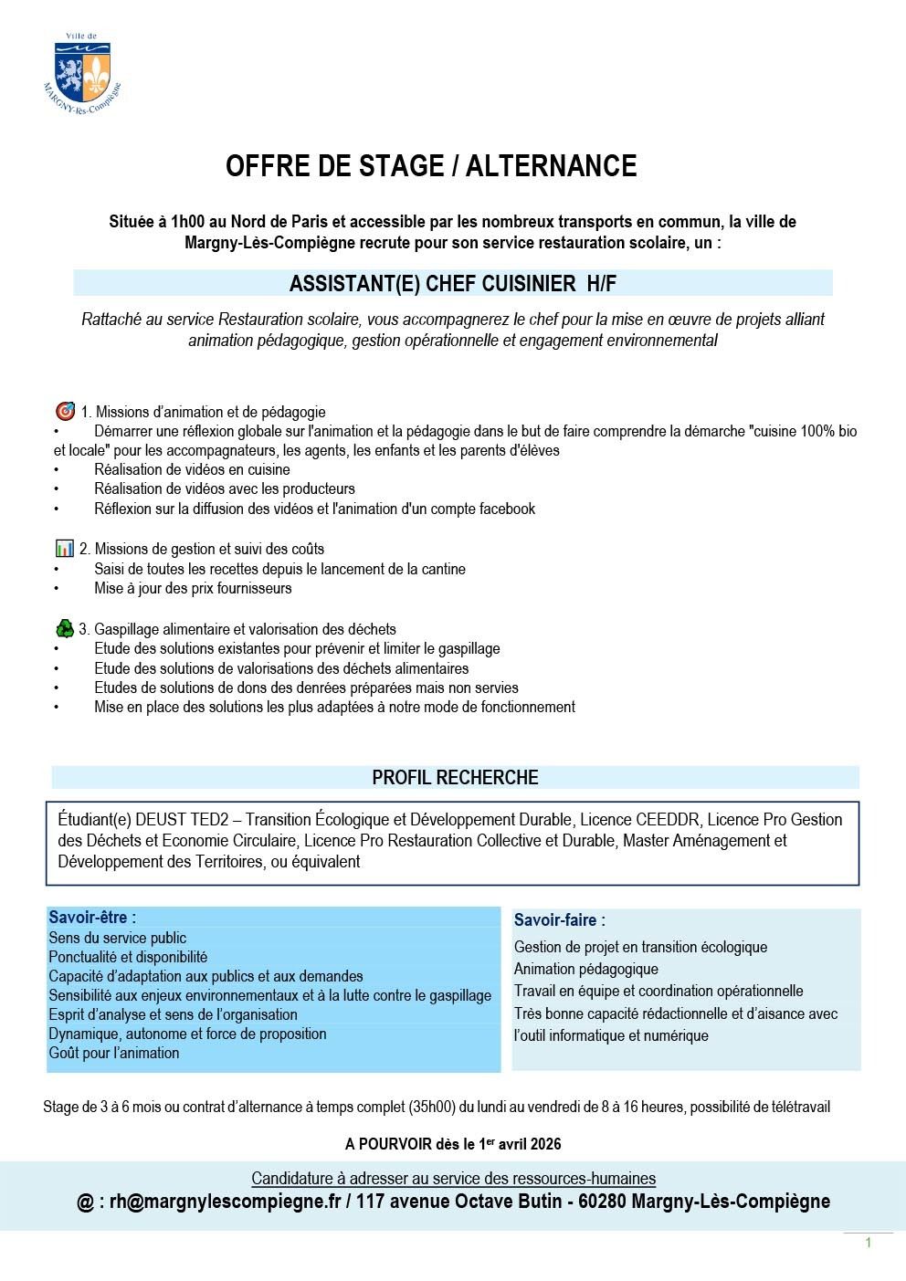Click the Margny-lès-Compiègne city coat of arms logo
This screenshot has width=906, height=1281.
tap(81, 70)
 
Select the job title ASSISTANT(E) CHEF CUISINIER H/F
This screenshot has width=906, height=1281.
tap(452, 283)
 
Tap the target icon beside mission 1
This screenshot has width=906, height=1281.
tap(64, 411)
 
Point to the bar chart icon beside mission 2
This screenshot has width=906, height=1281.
tap(64, 548)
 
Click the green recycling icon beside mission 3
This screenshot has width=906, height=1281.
tap(64, 628)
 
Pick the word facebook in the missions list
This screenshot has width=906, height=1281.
tap(505, 509)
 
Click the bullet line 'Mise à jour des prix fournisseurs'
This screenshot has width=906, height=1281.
tap(193, 588)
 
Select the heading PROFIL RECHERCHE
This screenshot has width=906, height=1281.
tap(455, 778)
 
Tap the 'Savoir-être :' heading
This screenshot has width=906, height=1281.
tap(92, 918)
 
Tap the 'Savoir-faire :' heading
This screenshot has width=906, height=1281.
tap(559, 920)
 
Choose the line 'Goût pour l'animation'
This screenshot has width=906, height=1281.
tap(114, 1053)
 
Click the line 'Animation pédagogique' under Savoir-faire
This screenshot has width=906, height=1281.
tap(585, 969)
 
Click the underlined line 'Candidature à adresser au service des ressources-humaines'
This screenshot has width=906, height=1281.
tap(453, 1179)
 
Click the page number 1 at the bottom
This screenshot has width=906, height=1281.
tap(868, 1243)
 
